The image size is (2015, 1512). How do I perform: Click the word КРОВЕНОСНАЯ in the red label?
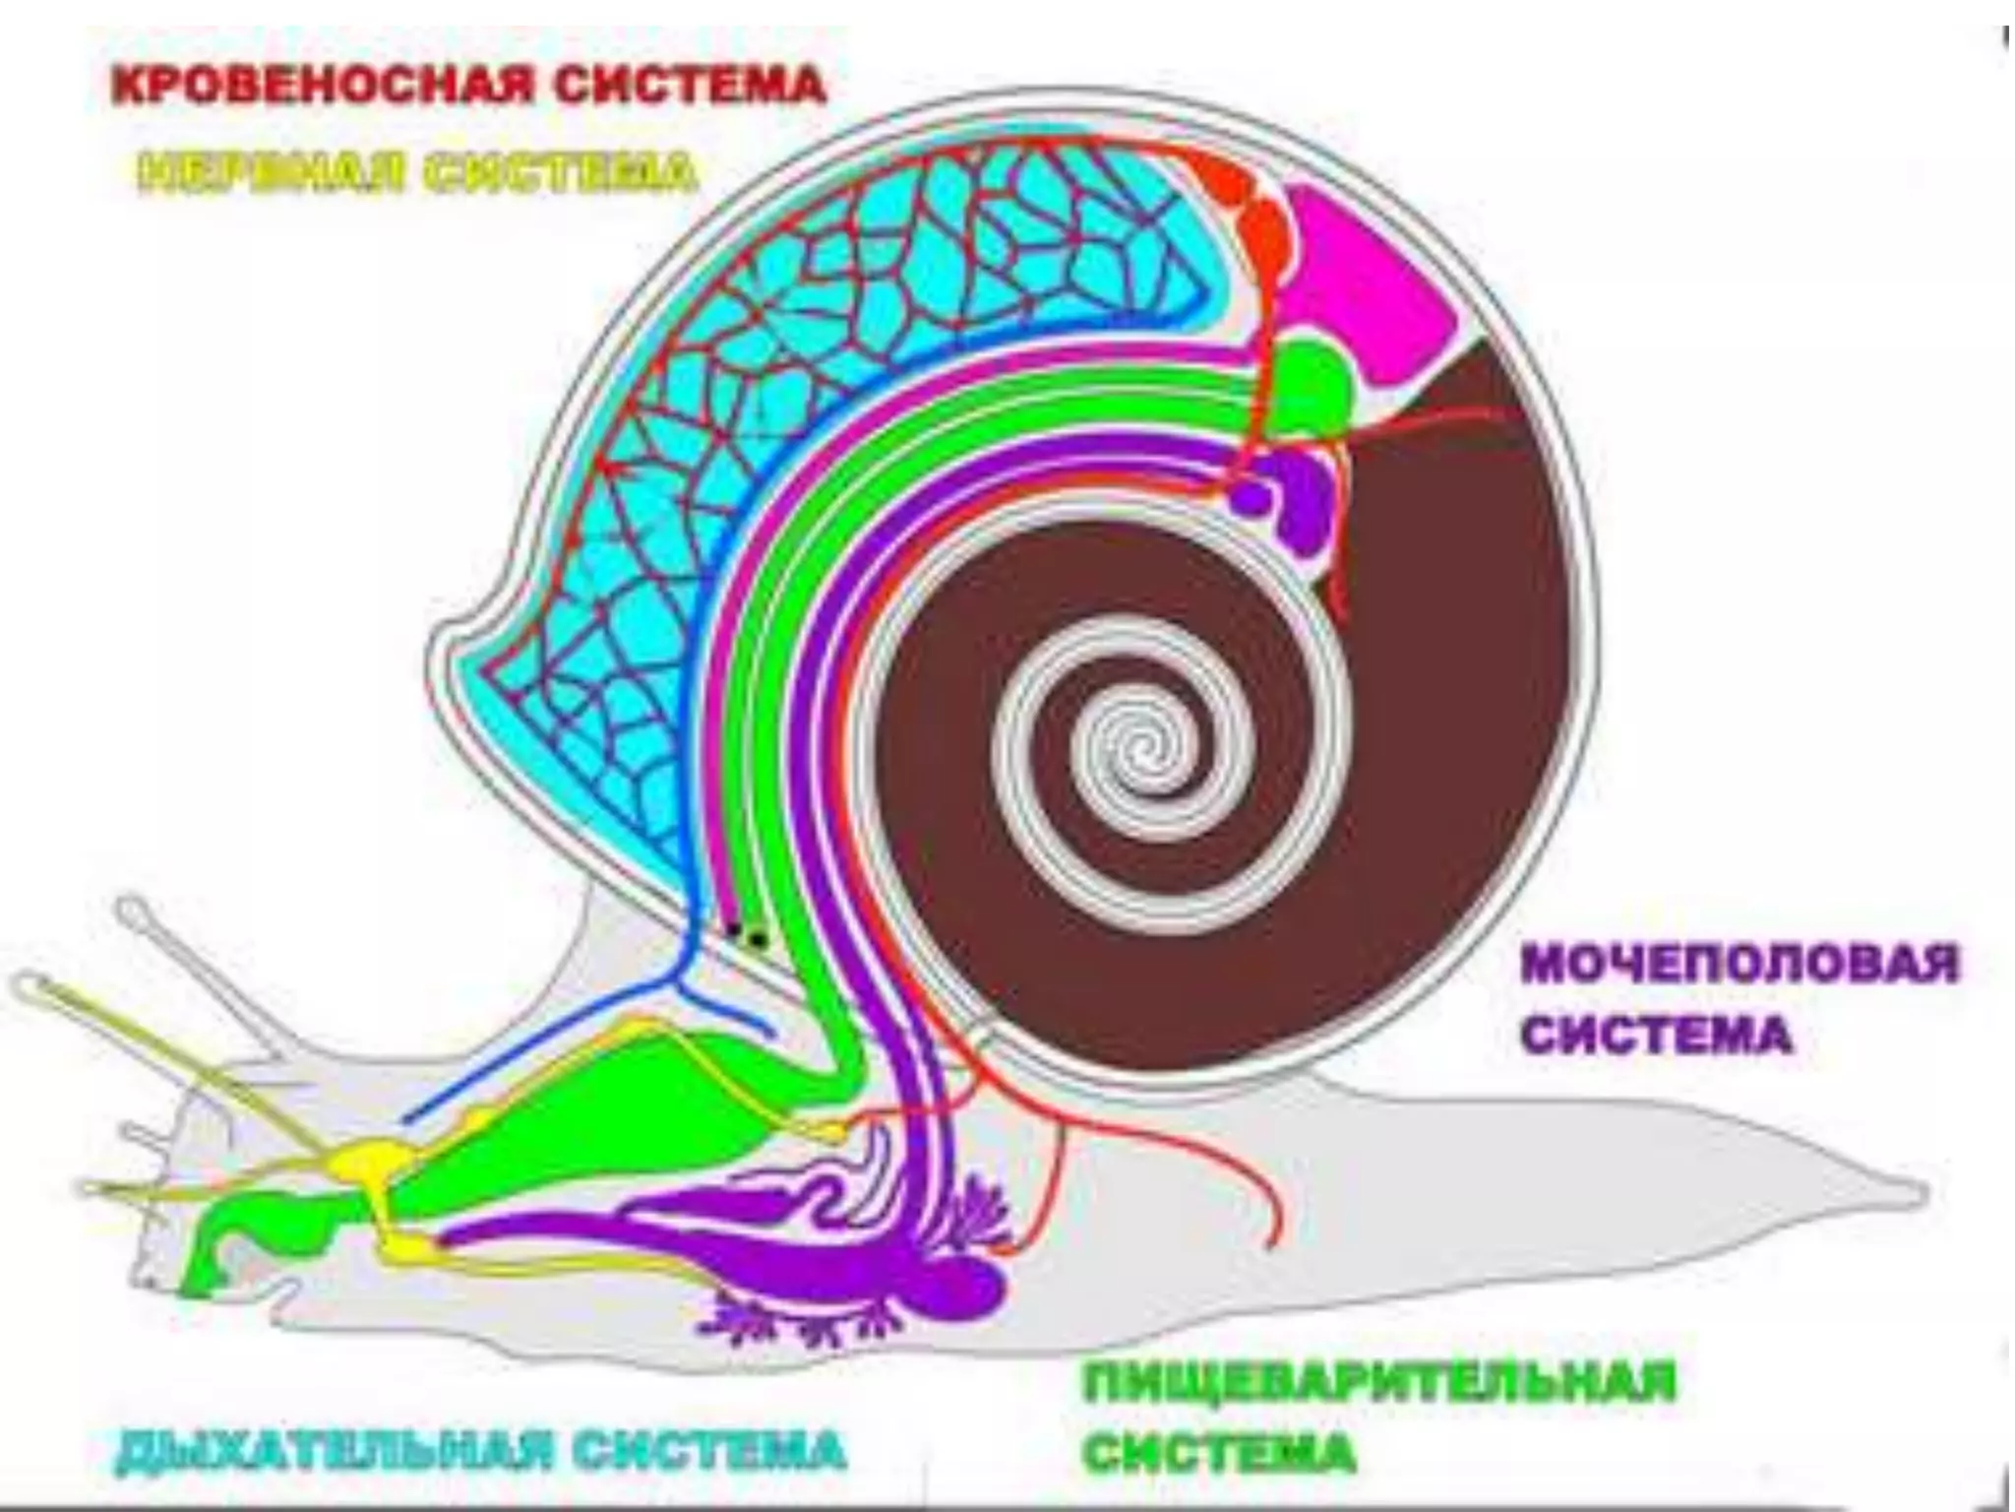325,86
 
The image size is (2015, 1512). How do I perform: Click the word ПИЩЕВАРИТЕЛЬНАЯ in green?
1378,1382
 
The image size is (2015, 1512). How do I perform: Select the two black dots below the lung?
745,934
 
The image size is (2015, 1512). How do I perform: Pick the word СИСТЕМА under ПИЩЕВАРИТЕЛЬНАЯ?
1220,1452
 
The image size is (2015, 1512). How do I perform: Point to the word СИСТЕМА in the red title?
689,86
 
